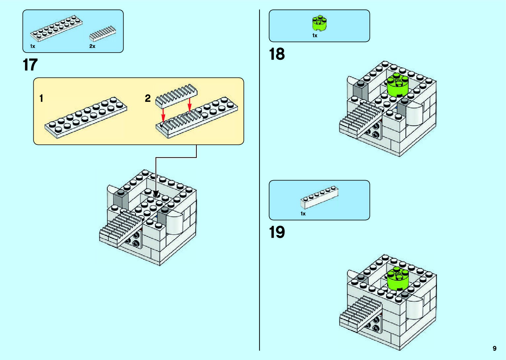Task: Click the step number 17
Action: [x=30, y=65]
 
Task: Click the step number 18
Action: [x=277, y=54]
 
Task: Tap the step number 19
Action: [x=277, y=232]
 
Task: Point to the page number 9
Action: [x=494, y=348]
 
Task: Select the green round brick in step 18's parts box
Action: [x=319, y=23]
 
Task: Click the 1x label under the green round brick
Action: [x=315, y=36]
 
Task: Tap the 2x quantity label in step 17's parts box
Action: [x=92, y=46]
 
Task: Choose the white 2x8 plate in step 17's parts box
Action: [x=56, y=28]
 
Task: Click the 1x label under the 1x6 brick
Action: [x=303, y=214]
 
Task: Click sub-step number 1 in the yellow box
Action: [x=41, y=98]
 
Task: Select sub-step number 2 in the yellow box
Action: [x=148, y=98]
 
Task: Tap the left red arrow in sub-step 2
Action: [x=163, y=115]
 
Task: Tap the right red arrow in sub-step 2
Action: [x=189, y=104]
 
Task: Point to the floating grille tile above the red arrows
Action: [x=176, y=95]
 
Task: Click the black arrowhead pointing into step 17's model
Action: [x=156, y=195]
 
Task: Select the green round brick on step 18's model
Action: [x=398, y=85]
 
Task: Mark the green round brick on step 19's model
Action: [x=398, y=278]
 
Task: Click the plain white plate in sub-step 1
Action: [x=86, y=117]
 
